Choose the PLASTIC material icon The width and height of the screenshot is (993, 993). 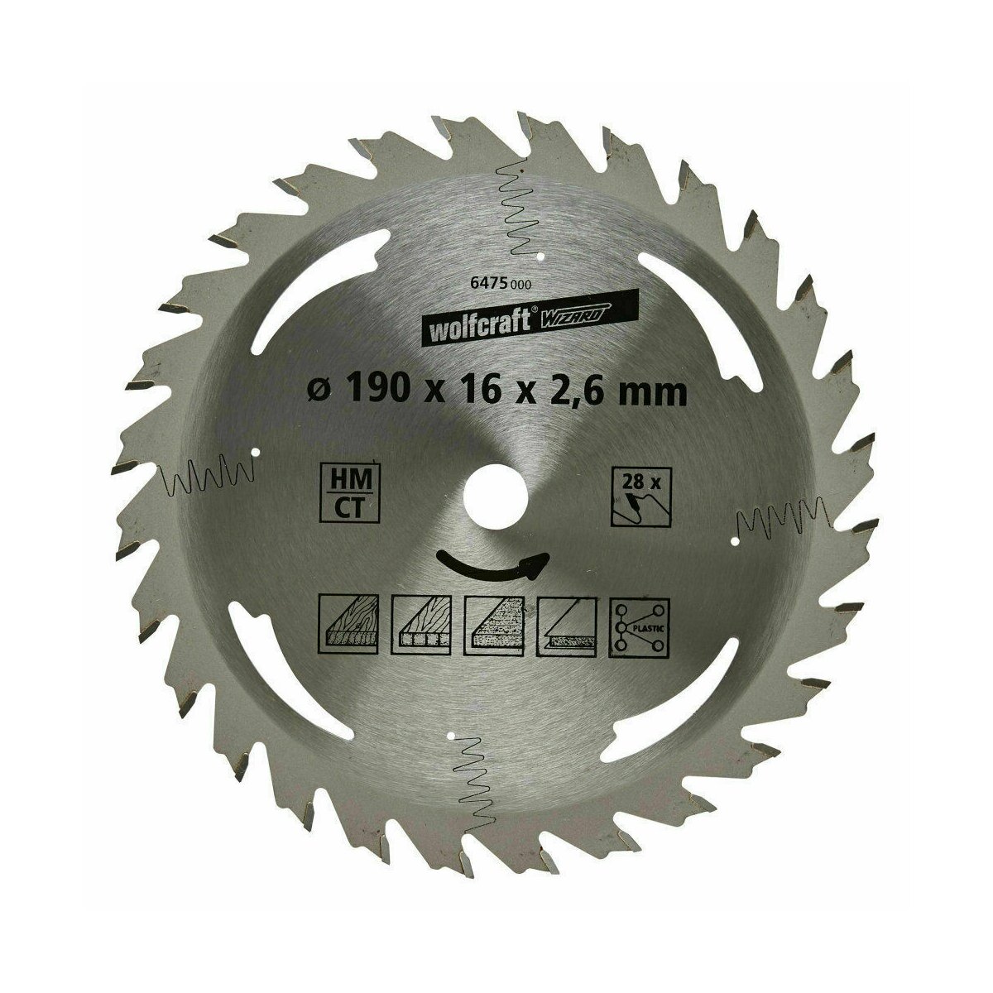(x=639, y=626)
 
